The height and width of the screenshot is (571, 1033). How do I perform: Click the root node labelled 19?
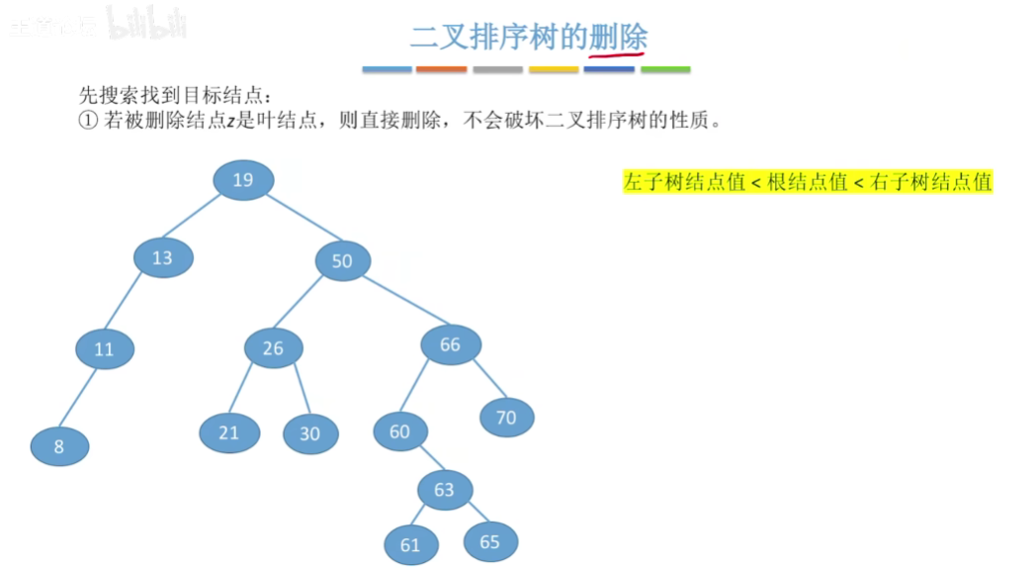[243, 179]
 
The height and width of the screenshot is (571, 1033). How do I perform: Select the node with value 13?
[163, 257]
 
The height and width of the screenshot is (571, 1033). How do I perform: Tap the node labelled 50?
[342, 261]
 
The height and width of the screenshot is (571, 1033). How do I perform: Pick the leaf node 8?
[59, 446]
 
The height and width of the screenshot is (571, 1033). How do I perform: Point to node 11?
[105, 349]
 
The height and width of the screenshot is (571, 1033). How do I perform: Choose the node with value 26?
[273, 347]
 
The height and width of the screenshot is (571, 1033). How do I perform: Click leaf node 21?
[229, 432]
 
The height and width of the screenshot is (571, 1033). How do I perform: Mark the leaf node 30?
[310, 433]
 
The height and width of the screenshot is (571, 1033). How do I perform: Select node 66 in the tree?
[451, 344]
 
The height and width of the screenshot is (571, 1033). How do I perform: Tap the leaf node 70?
[506, 418]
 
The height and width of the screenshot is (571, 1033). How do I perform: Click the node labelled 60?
[399, 431]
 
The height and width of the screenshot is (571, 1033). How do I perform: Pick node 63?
[444, 489]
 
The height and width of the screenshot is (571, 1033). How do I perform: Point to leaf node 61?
[410, 544]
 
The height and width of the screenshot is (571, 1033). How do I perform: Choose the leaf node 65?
[489, 540]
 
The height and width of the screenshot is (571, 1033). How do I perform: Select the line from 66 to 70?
[489, 379]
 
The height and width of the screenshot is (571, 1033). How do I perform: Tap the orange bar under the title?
[441, 70]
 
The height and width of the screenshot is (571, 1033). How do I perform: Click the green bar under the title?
[665, 70]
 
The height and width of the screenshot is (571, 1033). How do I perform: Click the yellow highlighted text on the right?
[807, 182]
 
